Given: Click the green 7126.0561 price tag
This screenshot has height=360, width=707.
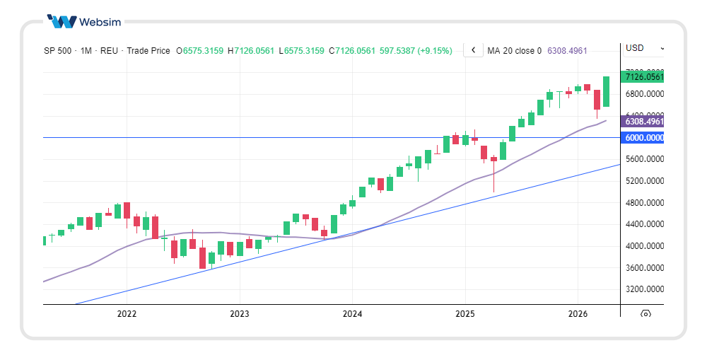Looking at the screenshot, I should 643,77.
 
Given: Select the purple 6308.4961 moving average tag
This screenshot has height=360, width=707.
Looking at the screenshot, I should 643,122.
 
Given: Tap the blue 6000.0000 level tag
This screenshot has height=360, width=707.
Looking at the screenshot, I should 643,138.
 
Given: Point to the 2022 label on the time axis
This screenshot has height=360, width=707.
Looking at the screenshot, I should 127,313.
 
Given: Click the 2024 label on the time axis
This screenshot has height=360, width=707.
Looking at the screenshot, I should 352,313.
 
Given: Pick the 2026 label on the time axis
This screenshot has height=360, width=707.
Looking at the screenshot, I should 578,313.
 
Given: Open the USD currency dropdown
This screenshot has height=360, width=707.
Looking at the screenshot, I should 643,48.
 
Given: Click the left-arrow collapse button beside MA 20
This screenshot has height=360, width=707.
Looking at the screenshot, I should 473,50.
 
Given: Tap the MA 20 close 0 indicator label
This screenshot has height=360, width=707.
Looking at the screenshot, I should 515,51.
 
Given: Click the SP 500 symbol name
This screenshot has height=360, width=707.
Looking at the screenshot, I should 57,51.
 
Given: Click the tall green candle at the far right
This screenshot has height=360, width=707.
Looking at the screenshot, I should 606,91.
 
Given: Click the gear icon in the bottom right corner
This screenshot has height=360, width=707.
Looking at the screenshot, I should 645,313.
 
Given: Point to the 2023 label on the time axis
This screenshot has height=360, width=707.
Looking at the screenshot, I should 240,313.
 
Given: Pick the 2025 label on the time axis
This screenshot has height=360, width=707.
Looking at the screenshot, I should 464,313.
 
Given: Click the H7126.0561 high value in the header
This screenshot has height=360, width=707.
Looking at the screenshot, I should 251,51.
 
